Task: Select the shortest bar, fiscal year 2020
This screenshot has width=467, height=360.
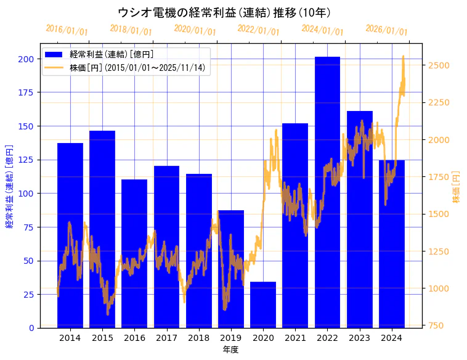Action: (263, 305)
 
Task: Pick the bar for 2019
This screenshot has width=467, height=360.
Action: (231, 269)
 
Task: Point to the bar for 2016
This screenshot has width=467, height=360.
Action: (134, 253)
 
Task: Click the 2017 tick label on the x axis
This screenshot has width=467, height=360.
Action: (166, 338)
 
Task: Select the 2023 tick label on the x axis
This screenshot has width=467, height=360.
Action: (359, 338)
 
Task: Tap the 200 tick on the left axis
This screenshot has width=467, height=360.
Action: (26, 59)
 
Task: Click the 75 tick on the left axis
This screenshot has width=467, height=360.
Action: (28, 227)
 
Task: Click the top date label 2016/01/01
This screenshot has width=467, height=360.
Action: (67, 30)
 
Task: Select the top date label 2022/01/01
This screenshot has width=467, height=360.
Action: (258, 30)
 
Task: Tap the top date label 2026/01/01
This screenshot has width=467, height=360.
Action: (386, 30)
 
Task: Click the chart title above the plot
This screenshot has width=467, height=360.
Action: (224, 12)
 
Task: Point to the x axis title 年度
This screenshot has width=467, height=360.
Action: (230, 350)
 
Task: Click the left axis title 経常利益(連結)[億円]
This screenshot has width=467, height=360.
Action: (9, 186)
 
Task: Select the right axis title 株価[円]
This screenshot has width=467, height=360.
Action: (456, 187)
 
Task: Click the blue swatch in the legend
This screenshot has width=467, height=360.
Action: (54, 55)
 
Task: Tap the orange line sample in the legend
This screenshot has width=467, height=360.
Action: (54, 68)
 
